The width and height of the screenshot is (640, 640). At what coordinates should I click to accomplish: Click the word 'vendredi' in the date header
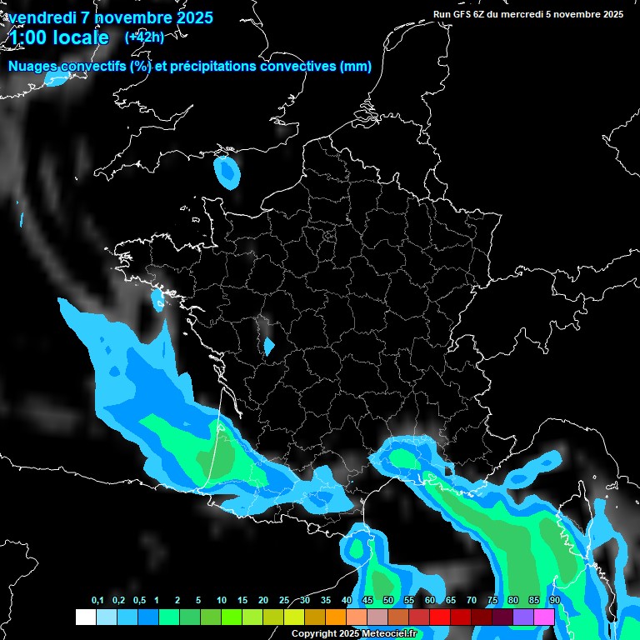pyautogui.click(x=42, y=17)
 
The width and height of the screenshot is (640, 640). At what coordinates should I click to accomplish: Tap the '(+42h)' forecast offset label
pyautogui.click(x=144, y=37)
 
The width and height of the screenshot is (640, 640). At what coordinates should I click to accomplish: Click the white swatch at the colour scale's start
pyautogui.click(x=85, y=617)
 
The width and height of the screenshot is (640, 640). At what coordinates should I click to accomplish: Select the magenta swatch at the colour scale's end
pyautogui.click(x=544, y=617)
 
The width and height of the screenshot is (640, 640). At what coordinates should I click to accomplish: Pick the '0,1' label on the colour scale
pyautogui.click(x=97, y=601)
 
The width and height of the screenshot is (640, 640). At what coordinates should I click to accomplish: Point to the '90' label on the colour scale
pyautogui.click(x=554, y=601)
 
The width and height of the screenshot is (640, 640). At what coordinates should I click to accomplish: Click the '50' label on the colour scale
pyautogui.click(x=388, y=601)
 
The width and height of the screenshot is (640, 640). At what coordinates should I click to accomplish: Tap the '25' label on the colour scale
pyautogui.click(x=284, y=601)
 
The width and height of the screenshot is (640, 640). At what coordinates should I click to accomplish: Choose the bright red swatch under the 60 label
pyautogui.click(x=439, y=617)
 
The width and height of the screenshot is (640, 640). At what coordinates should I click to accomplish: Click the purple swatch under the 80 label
pyautogui.click(x=522, y=617)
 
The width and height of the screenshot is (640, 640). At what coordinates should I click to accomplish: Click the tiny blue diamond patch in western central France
pyautogui.click(x=268, y=346)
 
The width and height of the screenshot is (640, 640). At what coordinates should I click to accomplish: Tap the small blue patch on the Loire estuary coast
pyautogui.click(x=157, y=299)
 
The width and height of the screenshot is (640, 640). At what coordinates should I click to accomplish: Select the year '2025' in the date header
pyautogui.click(x=190, y=17)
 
